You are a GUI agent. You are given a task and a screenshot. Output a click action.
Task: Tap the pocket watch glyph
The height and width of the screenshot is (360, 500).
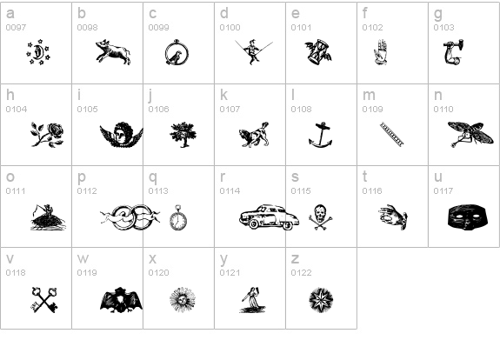pos(178,217)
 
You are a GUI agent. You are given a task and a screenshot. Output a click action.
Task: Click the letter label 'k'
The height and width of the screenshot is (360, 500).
pos(223,95)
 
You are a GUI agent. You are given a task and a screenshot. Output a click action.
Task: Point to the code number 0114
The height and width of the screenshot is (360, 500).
pos(230,191)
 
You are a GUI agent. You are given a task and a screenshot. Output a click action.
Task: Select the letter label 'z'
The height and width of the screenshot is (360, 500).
pos(295,258)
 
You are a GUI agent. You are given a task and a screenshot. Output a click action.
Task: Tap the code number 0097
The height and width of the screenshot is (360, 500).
pos(16,28)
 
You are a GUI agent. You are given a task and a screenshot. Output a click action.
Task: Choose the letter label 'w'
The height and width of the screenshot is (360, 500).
pos(83,258)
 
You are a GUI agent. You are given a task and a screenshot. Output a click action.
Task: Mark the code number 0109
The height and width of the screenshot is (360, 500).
pos(372,110)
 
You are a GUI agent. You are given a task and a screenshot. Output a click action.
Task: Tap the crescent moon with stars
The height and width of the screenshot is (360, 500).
pos(38,54)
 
